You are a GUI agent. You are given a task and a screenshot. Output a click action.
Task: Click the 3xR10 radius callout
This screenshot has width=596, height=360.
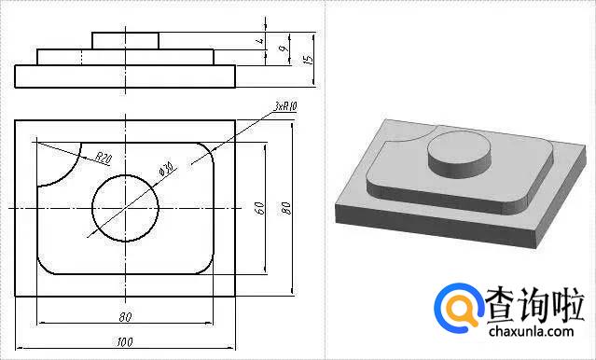[285, 106]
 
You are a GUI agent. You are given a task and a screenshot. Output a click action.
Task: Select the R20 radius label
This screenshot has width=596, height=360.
[103, 158]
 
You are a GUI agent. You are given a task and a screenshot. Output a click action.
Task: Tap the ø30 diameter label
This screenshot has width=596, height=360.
[166, 169]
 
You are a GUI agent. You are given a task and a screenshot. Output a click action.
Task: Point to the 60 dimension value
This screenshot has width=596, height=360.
[259, 208]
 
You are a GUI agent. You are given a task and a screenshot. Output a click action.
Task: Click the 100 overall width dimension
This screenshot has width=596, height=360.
[125, 342]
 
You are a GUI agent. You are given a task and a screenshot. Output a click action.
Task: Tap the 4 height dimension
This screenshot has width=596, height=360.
[260, 41]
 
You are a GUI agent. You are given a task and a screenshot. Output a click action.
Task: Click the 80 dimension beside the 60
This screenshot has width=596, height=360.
[286, 208]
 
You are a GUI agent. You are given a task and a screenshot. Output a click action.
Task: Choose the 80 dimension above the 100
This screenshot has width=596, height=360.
[125, 317]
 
